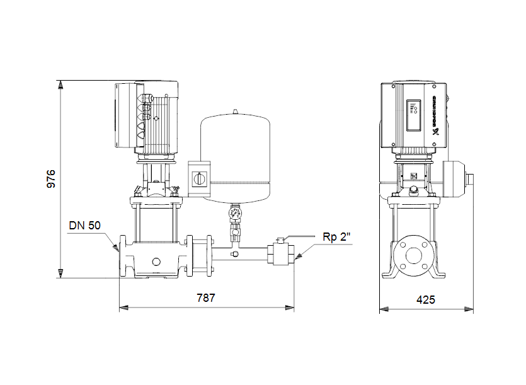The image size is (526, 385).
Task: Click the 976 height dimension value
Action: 52,178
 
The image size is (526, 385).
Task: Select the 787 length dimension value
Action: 205,298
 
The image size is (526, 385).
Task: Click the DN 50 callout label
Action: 84,225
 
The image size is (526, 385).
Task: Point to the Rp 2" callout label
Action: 336,238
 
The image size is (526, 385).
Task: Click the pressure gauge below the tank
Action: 236,213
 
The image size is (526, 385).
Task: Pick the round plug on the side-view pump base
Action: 155,260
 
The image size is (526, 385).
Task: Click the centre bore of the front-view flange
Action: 413,255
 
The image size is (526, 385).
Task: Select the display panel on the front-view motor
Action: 413,115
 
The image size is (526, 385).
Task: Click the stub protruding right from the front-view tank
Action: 468,178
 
